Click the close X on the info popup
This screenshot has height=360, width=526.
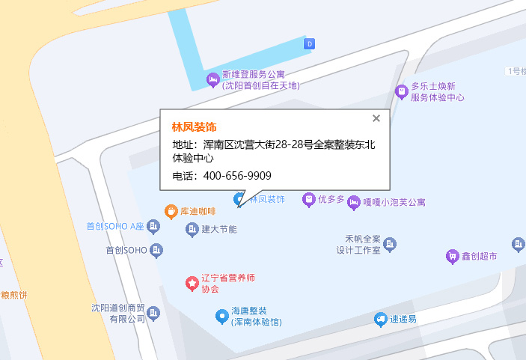coord(376,118)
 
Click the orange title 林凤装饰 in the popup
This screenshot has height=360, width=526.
coord(194,126)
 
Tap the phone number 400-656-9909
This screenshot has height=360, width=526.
coord(236,176)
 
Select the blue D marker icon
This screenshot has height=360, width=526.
coord(309,44)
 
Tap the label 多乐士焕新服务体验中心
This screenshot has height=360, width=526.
coord(437,92)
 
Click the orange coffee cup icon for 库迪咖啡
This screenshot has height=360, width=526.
coord(171,211)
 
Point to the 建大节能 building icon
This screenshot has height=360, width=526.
coord(192,228)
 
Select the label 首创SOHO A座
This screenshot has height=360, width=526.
coord(114,226)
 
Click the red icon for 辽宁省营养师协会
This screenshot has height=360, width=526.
coord(192,283)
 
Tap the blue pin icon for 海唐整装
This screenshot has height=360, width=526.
coord(221,316)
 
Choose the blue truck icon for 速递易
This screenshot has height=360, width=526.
coord(381,319)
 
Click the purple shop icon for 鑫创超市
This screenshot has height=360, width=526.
coord(451,256)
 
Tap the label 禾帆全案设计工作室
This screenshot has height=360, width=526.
coord(358,245)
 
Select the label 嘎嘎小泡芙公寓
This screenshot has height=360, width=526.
coord(394,202)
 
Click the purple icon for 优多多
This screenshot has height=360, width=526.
coord(308,200)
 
